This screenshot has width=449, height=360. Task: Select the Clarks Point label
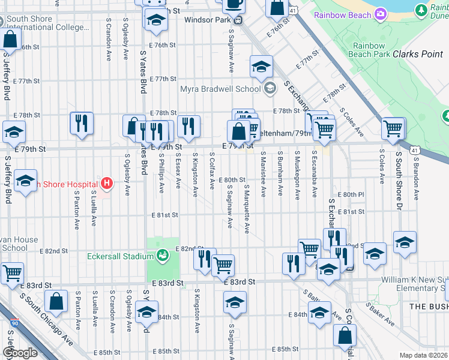417,54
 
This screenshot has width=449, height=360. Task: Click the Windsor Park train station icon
238,20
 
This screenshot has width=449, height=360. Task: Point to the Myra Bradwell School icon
270,89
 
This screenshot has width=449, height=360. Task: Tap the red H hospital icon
107,182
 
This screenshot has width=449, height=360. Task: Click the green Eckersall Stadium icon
161,256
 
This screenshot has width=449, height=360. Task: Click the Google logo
19,353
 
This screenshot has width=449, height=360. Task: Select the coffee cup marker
234,4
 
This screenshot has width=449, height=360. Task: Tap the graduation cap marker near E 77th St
261,67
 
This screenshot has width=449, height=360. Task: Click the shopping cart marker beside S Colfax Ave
223,264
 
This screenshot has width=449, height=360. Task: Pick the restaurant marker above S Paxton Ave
81,124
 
